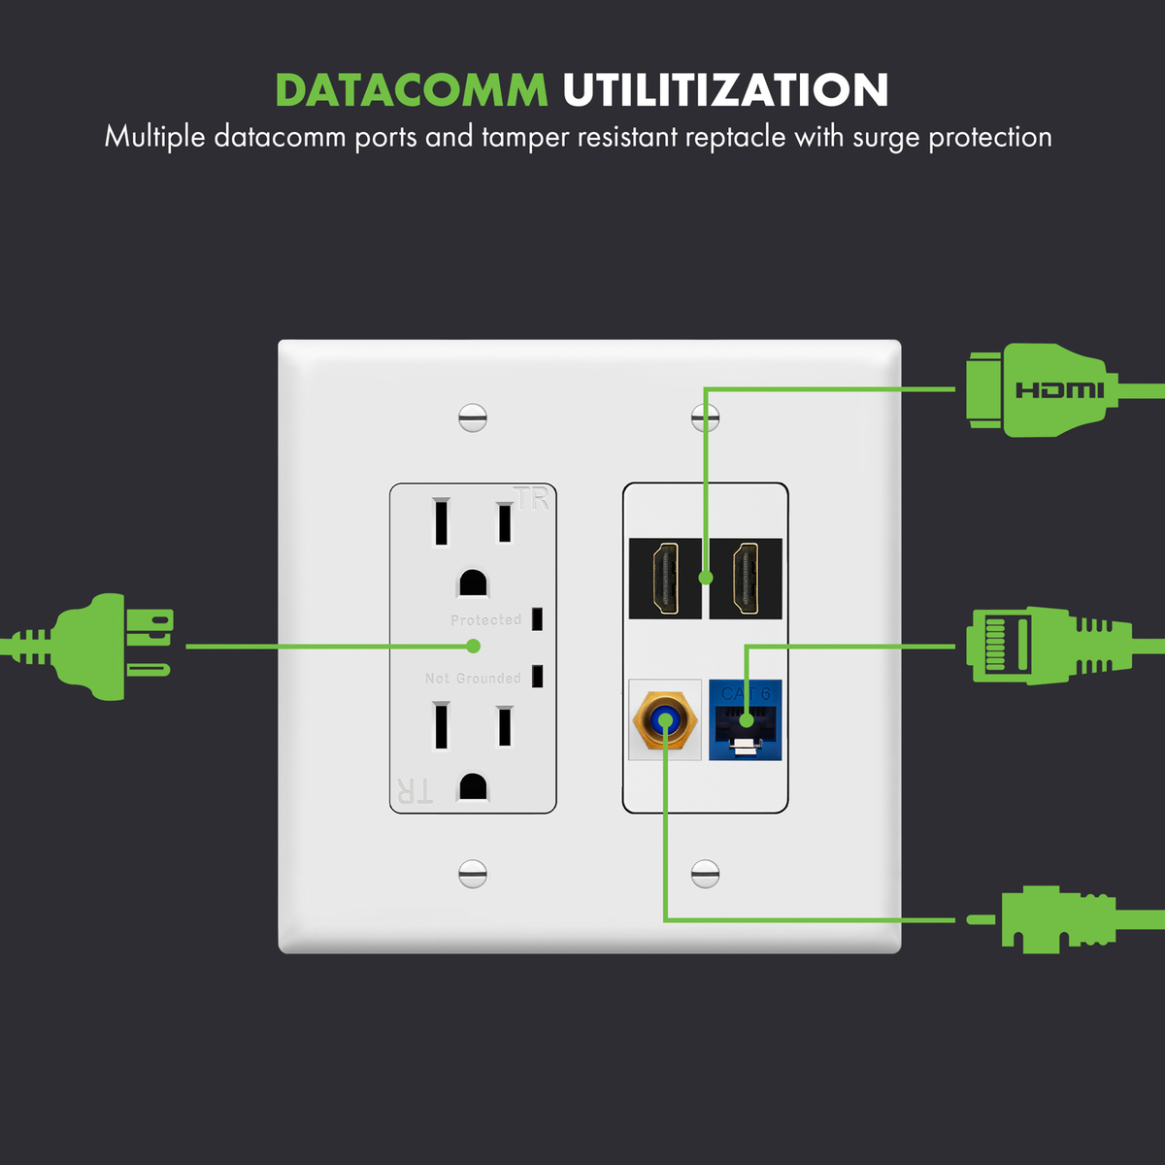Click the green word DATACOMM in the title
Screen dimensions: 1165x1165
click(x=411, y=90)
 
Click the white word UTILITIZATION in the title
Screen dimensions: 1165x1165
click(x=725, y=90)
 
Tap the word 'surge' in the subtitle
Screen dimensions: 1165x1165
click(x=886, y=138)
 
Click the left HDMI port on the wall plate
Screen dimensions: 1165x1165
click(x=665, y=579)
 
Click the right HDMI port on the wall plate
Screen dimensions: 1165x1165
click(x=746, y=579)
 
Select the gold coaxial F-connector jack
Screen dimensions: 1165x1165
click(x=665, y=720)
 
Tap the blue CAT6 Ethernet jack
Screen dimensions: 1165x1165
click(x=746, y=720)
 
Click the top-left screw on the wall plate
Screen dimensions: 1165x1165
click(x=473, y=417)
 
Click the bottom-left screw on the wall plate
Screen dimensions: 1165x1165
click(x=473, y=873)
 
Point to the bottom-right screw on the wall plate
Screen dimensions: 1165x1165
click(x=706, y=873)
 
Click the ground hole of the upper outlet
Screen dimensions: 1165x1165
click(x=473, y=583)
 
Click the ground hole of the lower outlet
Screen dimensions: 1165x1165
click(x=473, y=785)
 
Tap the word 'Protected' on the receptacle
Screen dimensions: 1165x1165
click(x=485, y=620)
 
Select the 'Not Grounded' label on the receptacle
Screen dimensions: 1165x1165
click(x=473, y=679)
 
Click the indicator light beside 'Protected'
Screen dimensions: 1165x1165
click(x=537, y=619)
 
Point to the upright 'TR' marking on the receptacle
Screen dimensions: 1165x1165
click(x=532, y=500)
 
